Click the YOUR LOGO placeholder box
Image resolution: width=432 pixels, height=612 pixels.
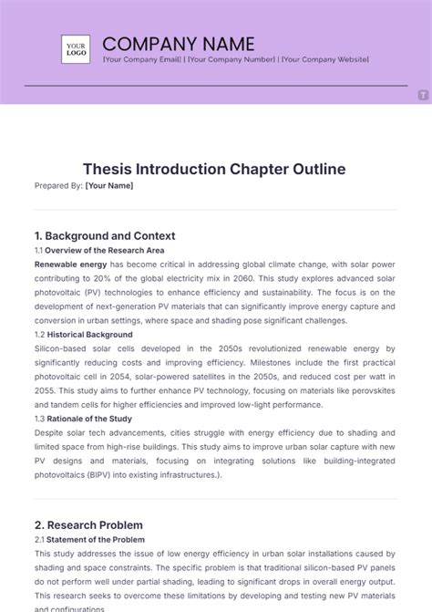pyautogui.click(x=76, y=48)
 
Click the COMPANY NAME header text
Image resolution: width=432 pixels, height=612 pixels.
pyautogui.click(x=179, y=43)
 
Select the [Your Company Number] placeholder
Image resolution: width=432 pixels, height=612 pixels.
pyautogui.click(x=232, y=59)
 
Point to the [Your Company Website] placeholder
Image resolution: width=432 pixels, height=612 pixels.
pyautogui.click(x=324, y=59)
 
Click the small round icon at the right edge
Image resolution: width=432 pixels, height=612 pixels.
pyautogui.click(x=424, y=95)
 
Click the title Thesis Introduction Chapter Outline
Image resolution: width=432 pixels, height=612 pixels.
pyautogui.click(x=214, y=170)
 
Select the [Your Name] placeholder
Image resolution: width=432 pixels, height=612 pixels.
pyautogui.click(x=109, y=186)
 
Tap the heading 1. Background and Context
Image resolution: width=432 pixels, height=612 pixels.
pyautogui.click(x=105, y=235)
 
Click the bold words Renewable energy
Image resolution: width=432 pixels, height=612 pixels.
pyautogui.click(x=70, y=264)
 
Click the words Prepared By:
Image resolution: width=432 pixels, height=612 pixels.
pyautogui.click(x=58, y=186)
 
